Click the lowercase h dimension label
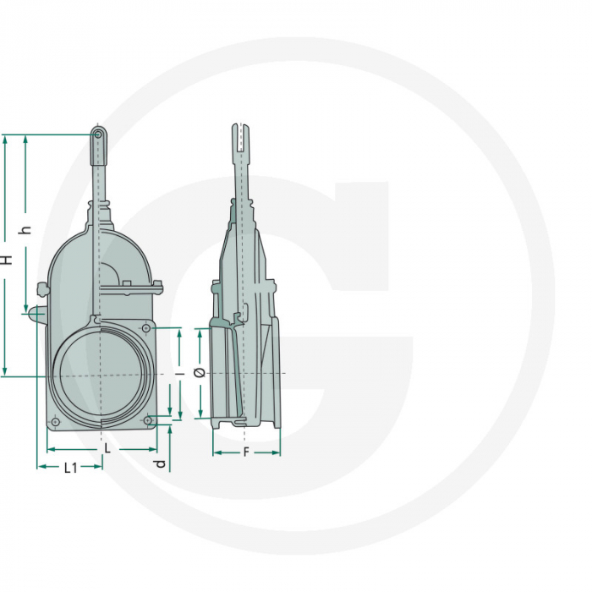point(26,229)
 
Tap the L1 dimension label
point(71,468)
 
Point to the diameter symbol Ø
point(197,373)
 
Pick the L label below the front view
point(107,449)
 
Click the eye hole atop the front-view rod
point(99,134)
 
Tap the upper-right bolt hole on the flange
point(146,327)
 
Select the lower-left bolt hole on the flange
point(55,421)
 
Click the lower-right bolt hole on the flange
point(148,419)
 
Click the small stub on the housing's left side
point(36,315)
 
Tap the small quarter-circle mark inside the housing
point(109,272)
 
